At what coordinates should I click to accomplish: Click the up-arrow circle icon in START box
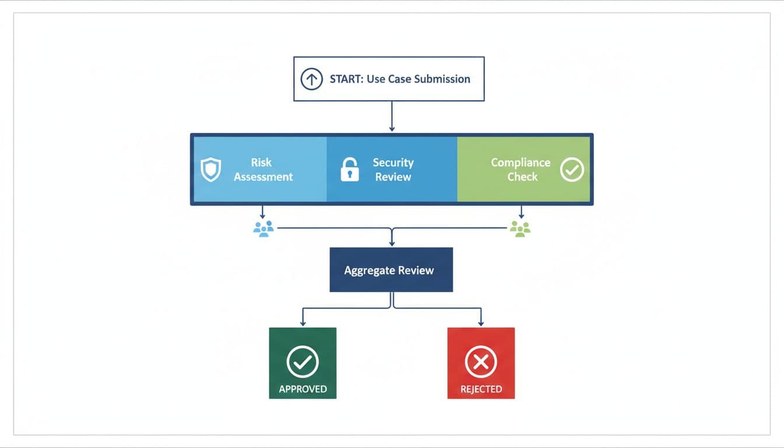311,79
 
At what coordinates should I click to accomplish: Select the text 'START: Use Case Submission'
400,79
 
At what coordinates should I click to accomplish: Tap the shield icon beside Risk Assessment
211,170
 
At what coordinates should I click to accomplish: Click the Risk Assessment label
262,170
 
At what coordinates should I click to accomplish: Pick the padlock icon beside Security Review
349,170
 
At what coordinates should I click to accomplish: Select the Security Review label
393,170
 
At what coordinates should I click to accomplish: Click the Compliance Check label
520,170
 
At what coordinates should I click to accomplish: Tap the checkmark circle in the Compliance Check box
572,170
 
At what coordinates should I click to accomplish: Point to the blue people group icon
264,228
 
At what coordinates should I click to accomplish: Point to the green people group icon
520,228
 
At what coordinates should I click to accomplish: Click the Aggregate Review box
391,270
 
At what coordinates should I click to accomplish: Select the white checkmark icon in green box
302,362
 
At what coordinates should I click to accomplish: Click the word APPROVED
302,389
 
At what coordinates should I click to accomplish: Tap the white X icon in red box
481,362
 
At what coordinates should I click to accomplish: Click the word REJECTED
481,389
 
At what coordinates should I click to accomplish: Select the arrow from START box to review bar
391,117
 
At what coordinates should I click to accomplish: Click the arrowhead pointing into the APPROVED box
302,323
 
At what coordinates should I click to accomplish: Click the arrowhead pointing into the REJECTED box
481,323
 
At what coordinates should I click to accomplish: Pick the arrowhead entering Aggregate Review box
391,243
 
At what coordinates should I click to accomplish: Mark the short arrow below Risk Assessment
262,212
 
